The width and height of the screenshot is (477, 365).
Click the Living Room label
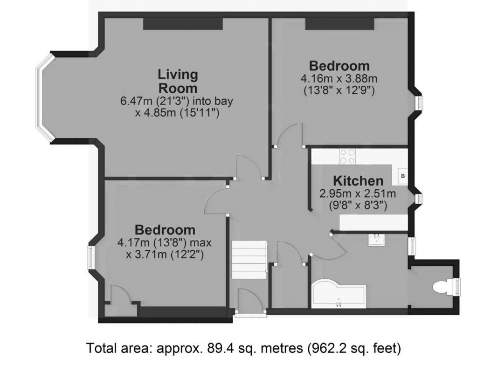coord(178,81)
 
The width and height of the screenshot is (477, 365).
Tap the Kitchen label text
coord(358,181)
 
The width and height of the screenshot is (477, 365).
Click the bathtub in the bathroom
coord(338,295)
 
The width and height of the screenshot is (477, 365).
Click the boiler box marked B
coord(402,175)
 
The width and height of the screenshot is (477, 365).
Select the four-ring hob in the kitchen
coord(347,156)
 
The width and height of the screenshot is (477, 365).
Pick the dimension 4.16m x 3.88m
coord(339,78)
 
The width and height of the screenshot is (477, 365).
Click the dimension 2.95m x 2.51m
coord(358,193)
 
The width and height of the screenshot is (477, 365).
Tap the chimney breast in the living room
coord(182,24)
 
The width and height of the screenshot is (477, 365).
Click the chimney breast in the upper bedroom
coord(339,24)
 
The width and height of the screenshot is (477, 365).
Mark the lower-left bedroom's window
coord(91,257)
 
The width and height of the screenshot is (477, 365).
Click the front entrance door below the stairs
coord(250,301)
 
